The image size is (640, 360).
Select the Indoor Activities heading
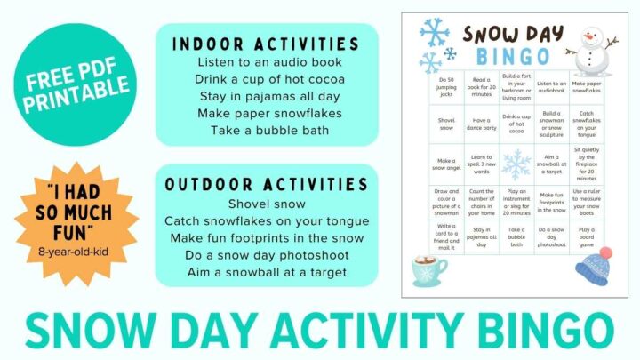pyautogui.click(x=266, y=44)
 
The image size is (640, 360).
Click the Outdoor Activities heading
pyautogui.click(x=266, y=184)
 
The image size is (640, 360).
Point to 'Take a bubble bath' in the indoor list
pyautogui.click(x=266, y=131)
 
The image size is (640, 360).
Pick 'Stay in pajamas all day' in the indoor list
pyautogui.click(x=266, y=97)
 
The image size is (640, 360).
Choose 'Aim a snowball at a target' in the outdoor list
pyautogui.click(x=266, y=272)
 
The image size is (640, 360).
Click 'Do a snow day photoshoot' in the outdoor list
pyautogui.click(x=266, y=255)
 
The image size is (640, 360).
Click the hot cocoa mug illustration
pyautogui.click(x=432, y=269)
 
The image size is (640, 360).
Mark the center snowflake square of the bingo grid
pyautogui.click(x=516, y=164)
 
